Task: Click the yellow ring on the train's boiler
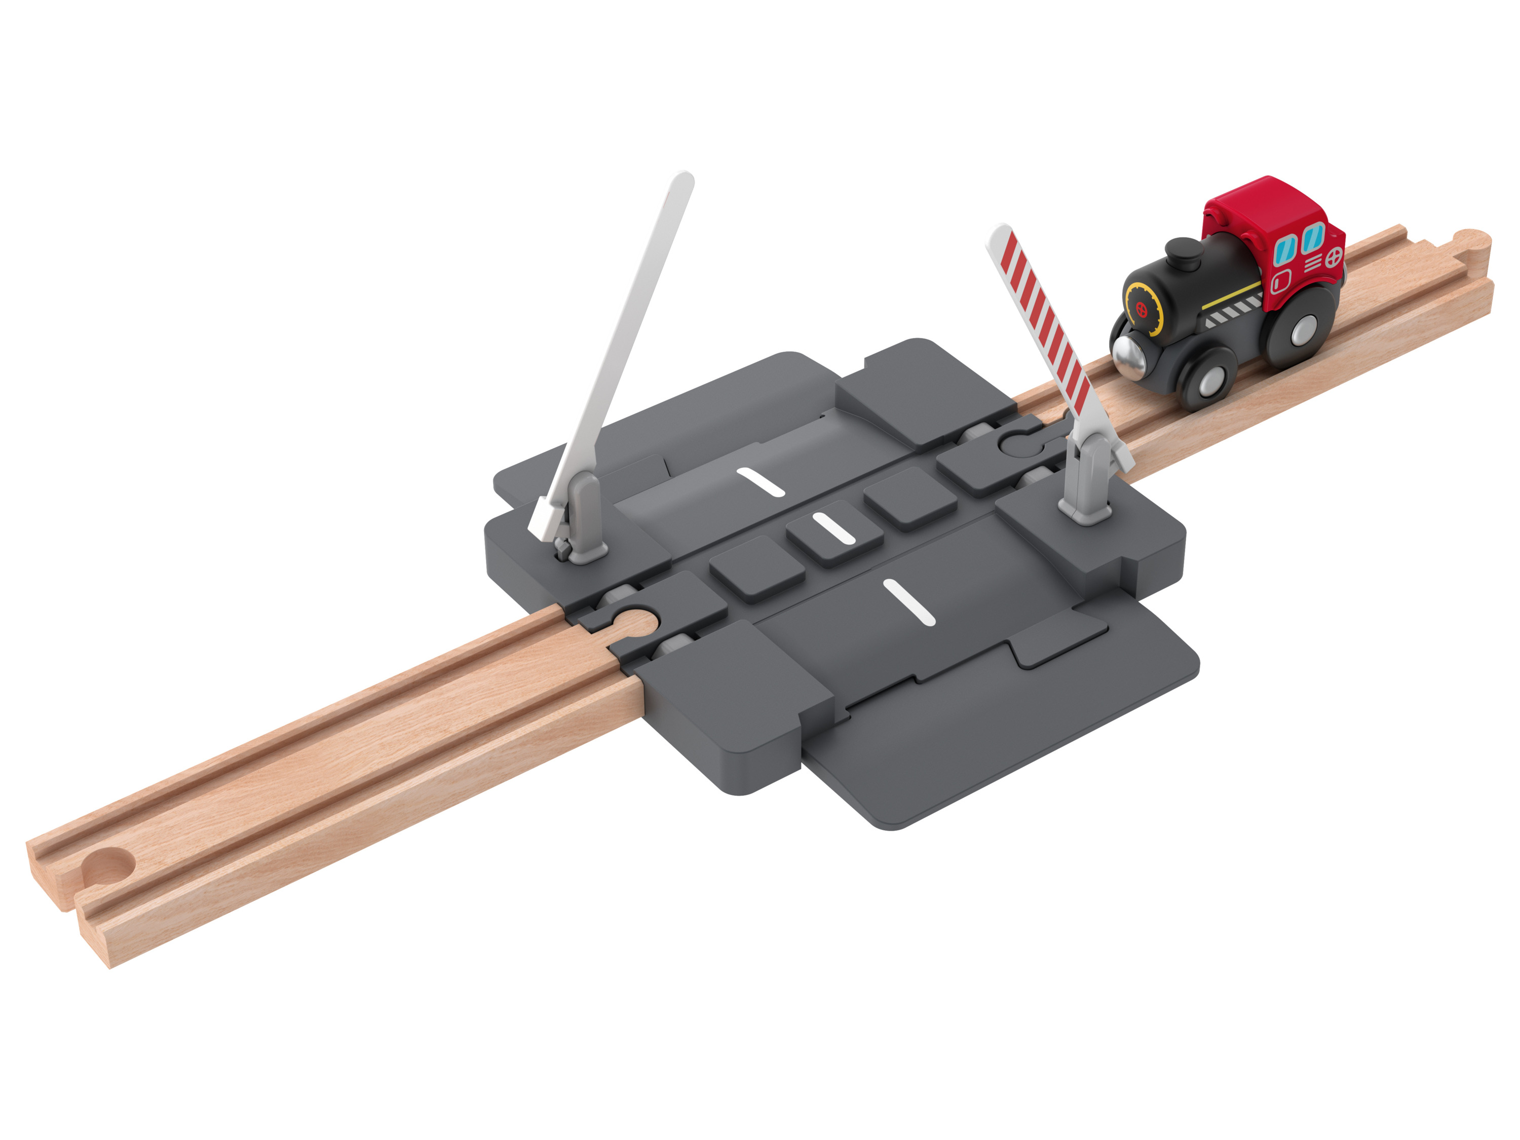click(1143, 309)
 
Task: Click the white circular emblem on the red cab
click(1333, 258)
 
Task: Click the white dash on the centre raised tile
click(833, 529)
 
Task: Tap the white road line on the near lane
click(909, 602)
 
